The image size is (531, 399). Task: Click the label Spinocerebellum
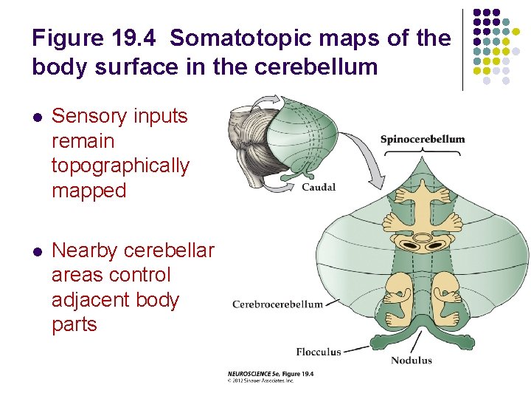423,139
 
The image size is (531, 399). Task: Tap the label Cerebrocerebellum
277,304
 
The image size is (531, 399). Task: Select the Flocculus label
319,352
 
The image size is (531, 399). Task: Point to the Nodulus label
411,360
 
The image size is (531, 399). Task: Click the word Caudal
319,187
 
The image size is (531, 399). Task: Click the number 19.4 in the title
147,38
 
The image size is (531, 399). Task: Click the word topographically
120,166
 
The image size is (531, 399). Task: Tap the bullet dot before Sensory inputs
37,117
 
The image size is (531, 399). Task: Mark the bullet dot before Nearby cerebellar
37,251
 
